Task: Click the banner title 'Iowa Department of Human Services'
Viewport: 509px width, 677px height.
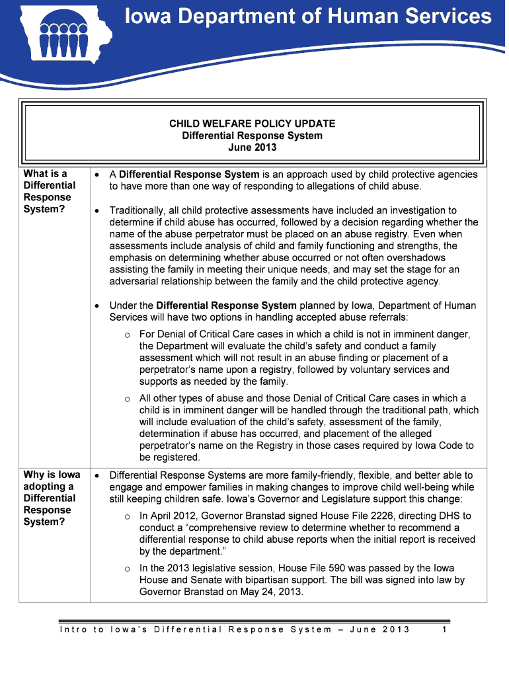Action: click(x=309, y=17)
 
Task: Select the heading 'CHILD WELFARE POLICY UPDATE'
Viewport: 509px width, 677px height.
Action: click(x=252, y=124)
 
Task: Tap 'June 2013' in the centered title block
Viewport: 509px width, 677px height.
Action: click(x=252, y=147)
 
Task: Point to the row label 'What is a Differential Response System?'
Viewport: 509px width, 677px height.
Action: click(x=49, y=192)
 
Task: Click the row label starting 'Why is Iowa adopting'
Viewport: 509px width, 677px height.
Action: click(x=52, y=498)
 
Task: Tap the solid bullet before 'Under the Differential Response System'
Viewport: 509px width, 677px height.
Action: click(x=97, y=306)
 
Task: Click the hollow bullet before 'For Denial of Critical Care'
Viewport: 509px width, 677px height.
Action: click(x=127, y=335)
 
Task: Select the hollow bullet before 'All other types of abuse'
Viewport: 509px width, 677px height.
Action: click(x=127, y=399)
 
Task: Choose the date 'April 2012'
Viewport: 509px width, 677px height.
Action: click(x=174, y=516)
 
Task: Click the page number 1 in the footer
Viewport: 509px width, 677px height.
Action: click(x=445, y=629)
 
